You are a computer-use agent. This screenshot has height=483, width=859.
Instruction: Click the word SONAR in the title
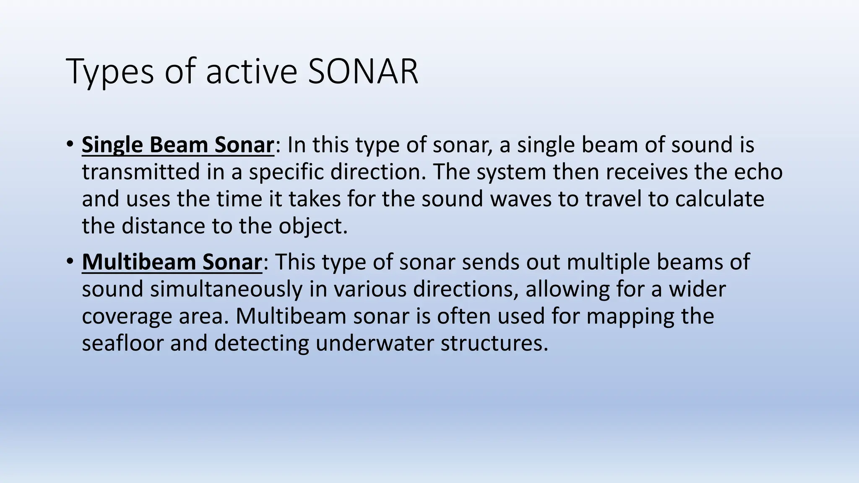[x=363, y=72]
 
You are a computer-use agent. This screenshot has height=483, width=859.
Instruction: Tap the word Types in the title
[x=111, y=72]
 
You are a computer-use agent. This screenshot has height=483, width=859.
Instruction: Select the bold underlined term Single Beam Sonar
[x=178, y=145]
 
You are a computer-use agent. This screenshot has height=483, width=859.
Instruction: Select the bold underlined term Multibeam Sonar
[x=172, y=262]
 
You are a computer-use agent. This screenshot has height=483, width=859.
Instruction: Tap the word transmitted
[x=141, y=172]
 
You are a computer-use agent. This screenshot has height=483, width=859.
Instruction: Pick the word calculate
[x=719, y=199]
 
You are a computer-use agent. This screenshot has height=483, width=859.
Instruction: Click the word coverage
[x=127, y=316]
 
